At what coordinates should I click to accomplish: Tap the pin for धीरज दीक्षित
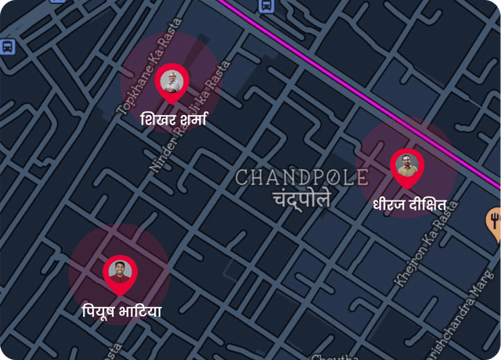[407, 167]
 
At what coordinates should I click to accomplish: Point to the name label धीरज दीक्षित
[409, 204]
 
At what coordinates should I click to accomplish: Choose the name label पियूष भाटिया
[122, 311]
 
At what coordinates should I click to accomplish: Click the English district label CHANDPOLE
[301, 177]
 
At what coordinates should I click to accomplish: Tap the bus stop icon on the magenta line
[265, 5]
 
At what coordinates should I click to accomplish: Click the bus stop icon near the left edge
[7, 46]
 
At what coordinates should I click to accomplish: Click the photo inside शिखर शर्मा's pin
[171, 80]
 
